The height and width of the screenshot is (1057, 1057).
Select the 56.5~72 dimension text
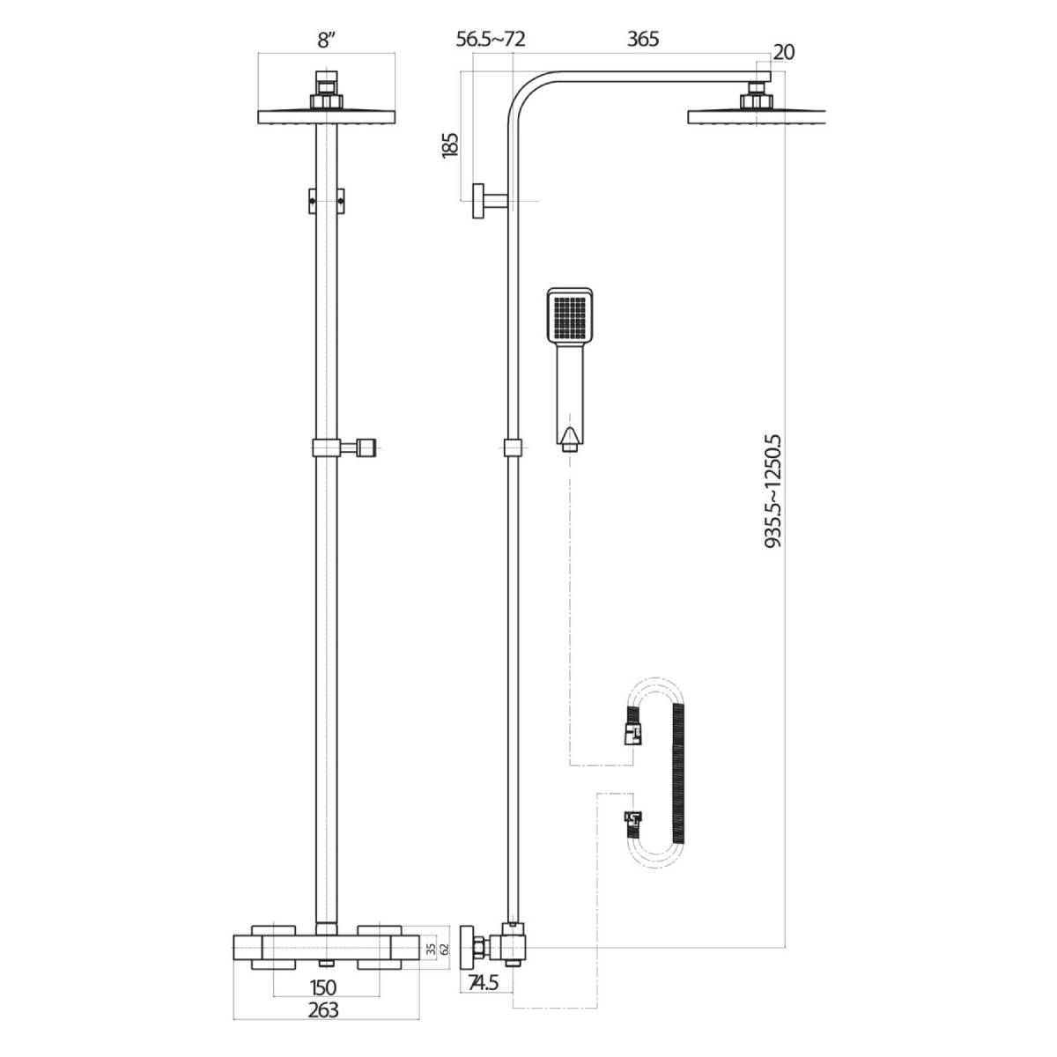(x=491, y=40)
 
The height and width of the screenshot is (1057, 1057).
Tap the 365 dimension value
(x=642, y=40)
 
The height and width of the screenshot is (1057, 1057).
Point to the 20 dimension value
(x=783, y=52)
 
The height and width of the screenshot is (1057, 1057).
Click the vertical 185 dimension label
(x=449, y=144)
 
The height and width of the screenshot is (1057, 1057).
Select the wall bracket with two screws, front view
(x=327, y=200)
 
